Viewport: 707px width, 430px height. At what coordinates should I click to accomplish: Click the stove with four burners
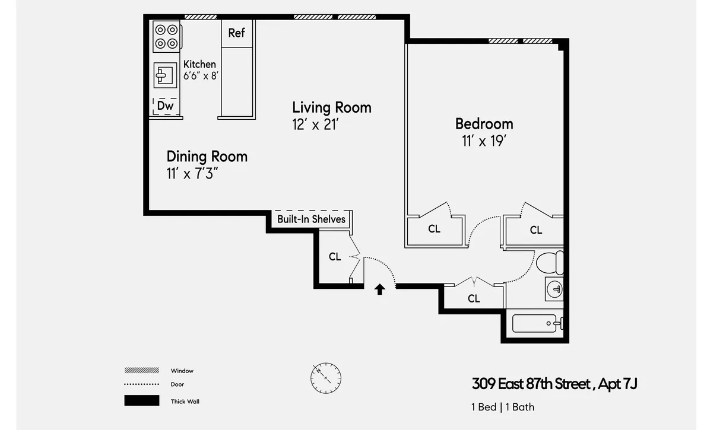166,36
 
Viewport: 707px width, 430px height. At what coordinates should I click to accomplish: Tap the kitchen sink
164,74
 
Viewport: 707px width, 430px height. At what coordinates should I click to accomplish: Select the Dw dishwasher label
165,106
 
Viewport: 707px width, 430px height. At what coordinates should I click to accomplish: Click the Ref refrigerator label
236,33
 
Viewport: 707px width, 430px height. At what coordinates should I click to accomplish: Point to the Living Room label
331,107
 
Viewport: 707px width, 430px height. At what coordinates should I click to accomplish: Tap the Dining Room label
207,157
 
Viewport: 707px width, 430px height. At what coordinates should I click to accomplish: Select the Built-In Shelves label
311,219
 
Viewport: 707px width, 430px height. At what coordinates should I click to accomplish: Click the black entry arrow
380,289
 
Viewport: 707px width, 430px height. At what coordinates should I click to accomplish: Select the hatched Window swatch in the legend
141,370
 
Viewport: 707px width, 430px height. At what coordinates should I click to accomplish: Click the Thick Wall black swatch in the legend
141,401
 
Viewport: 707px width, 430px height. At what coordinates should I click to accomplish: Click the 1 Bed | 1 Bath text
502,407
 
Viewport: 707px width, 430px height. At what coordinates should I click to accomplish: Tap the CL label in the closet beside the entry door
335,257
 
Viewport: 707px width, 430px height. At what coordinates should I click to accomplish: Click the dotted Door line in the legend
141,384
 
